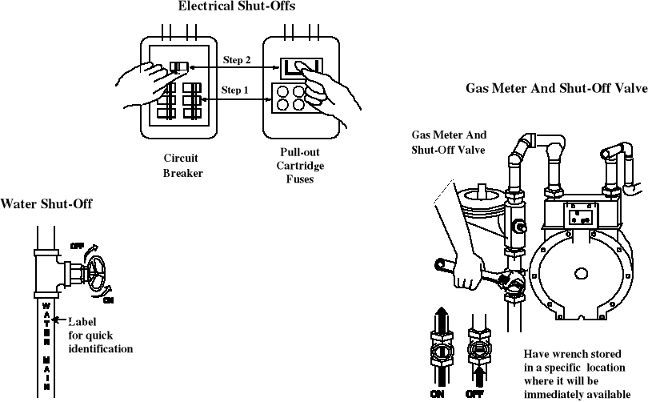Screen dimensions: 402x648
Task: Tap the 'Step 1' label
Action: pos(234,90)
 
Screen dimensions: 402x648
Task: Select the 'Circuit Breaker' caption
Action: pos(182,165)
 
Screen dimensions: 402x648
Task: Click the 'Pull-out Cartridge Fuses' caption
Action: pos(300,165)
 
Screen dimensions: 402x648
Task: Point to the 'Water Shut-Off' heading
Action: pos(46,204)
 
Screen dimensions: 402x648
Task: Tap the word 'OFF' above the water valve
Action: pos(77,245)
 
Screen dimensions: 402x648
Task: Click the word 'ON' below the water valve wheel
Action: pos(110,300)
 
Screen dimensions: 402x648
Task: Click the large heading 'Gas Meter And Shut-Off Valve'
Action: pos(557,89)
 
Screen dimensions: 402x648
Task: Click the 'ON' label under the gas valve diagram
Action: pos(438,394)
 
